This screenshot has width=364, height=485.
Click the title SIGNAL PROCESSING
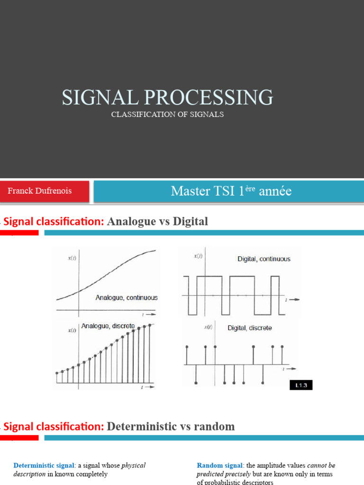coord(167,97)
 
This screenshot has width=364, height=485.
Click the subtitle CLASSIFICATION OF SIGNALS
coord(167,115)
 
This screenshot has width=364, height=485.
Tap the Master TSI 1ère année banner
coord(231,191)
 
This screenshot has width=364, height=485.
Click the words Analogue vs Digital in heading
coord(158,221)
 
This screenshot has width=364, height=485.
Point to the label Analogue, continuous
coord(127,298)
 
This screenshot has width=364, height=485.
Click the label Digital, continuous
coord(264,259)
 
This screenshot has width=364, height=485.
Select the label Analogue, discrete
coord(108,326)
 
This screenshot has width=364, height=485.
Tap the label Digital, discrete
coord(250,328)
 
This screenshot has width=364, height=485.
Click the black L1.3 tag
coord(301,386)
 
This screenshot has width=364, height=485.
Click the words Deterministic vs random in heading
coord(171,426)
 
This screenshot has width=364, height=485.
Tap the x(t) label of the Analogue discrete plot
coord(72,330)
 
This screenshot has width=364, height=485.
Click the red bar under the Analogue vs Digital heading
coord(19,233)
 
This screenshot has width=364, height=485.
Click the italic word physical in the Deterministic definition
coord(134,466)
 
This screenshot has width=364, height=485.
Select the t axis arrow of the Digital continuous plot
coord(292,300)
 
